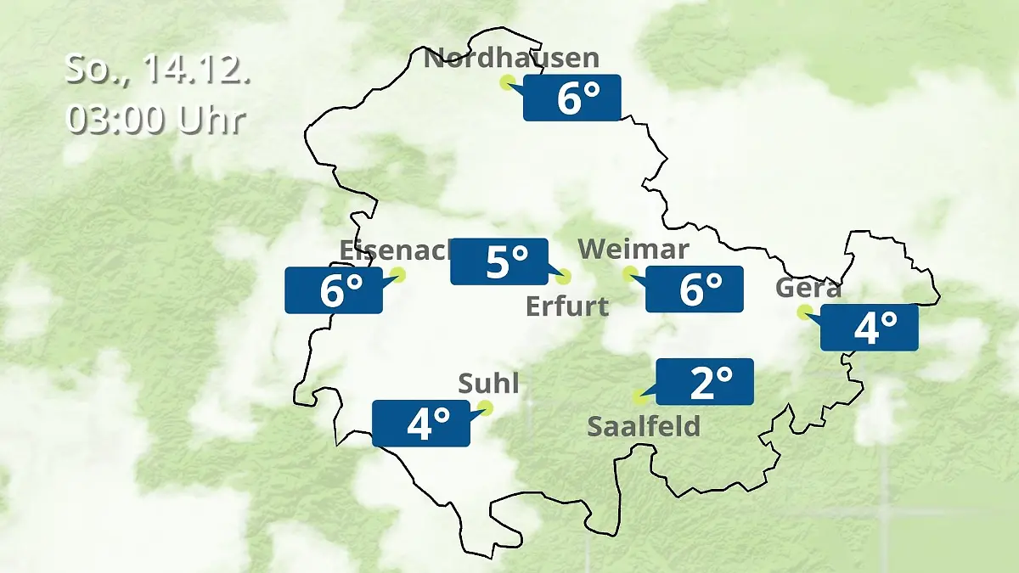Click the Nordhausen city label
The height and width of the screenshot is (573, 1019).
(511, 59)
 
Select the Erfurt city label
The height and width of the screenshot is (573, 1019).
(567, 306)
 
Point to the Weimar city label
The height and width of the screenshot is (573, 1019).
(633, 250)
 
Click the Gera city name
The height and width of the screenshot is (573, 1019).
(808, 289)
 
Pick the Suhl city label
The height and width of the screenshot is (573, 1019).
(488, 384)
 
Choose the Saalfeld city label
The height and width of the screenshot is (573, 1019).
(644, 425)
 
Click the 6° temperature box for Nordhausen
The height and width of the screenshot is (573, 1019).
(572, 98)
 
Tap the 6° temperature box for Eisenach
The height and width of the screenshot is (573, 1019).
(334, 290)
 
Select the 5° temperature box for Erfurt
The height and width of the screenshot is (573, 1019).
(499, 261)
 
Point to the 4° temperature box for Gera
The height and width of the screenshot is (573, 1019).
(870, 327)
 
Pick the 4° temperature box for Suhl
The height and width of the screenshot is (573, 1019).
(421, 424)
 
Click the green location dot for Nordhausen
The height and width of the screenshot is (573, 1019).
(507, 82)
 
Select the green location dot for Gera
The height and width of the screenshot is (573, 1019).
(803, 312)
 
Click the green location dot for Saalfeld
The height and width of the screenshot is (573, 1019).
(639, 396)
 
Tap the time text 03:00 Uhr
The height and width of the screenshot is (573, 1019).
(156, 120)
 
